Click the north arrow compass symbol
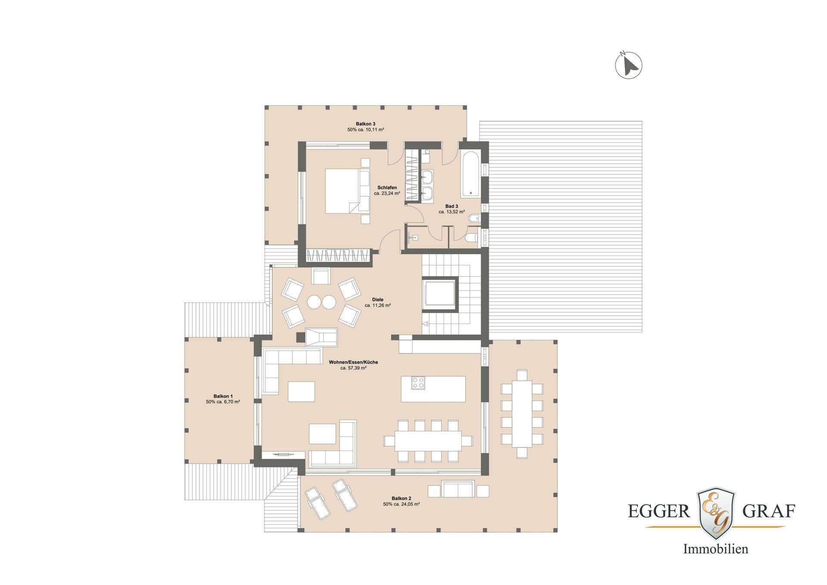628,65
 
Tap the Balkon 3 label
365,124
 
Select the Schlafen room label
387,187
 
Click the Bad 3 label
451,206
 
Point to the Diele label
378,299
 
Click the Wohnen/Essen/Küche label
353,362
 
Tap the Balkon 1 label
223,396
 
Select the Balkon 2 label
401,498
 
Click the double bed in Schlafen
347,191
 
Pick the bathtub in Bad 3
471,174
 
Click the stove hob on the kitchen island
418,383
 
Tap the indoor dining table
428,441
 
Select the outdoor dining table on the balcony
522,414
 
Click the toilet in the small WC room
472,237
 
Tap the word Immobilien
716,549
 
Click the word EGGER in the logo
659,511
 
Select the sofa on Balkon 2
458,489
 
